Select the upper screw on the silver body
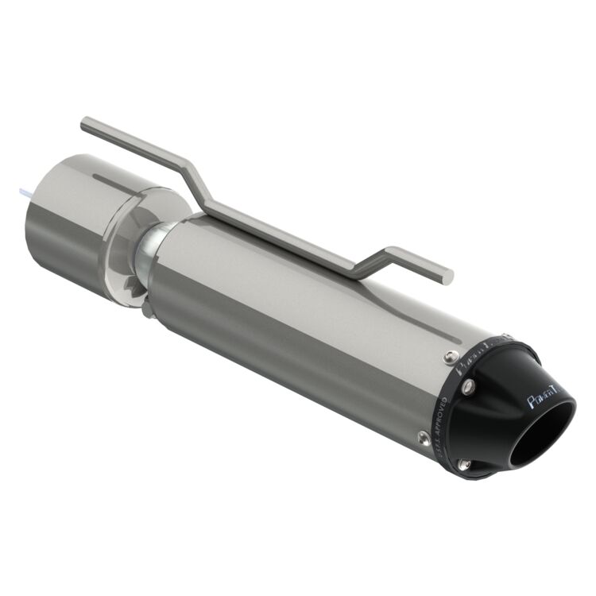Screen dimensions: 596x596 coord(451,355)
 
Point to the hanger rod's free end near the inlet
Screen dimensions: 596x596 coord(86,124)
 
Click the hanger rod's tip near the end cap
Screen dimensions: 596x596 coord(447,276)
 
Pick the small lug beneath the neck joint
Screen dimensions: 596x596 coord(147,306)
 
